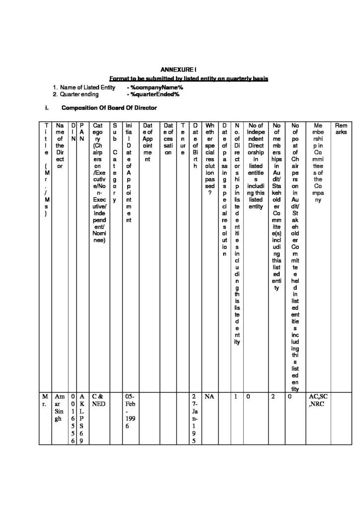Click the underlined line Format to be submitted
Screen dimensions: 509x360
[189, 79]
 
